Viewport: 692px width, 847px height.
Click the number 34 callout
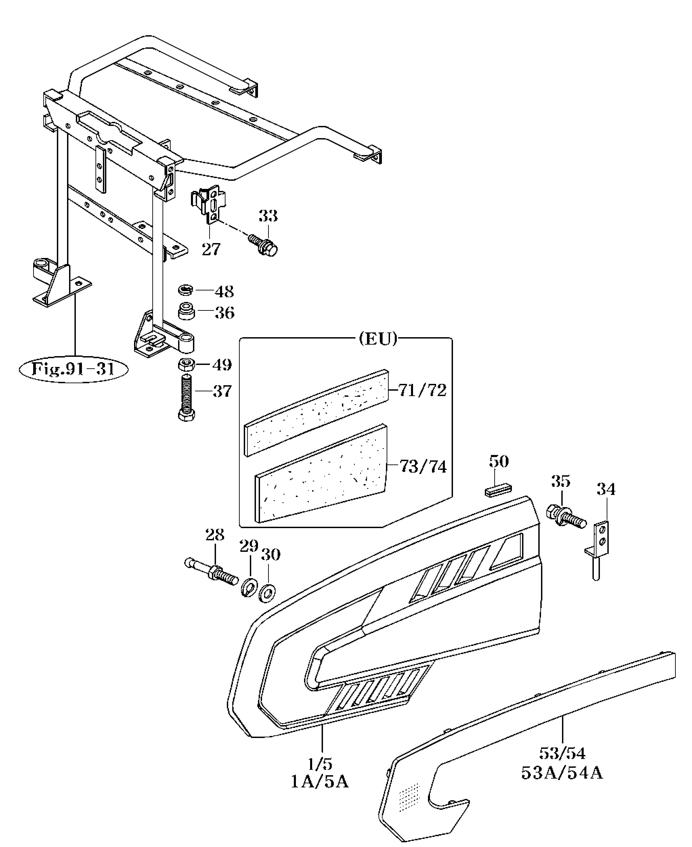click(606, 490)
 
